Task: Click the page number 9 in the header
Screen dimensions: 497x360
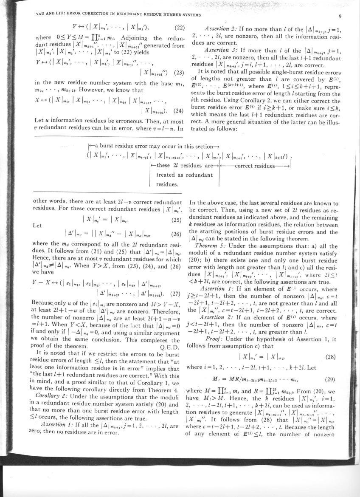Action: coord(340,17)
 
